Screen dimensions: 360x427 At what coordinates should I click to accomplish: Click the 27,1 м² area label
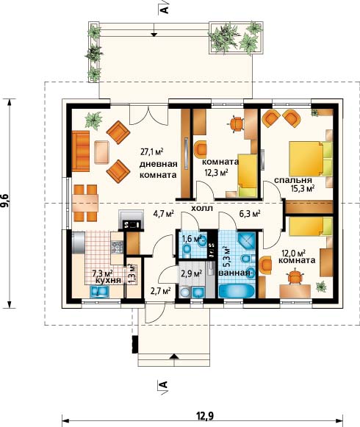point(151,151)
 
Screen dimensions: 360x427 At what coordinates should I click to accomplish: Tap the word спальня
point(292,180)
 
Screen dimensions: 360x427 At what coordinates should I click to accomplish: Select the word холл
point(202,209)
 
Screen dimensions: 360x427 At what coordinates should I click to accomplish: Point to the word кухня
point(109,281)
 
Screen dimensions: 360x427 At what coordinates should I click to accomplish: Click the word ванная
point(234,273)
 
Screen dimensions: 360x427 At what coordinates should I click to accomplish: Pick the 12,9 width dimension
point(205,416)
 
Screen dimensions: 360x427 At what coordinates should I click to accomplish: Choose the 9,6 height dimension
point(6,201)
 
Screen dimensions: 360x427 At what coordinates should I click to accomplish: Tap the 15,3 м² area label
point(303,188)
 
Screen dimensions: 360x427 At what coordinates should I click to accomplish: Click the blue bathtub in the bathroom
point(237,291)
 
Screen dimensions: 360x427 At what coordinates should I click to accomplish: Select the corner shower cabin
point(247,242)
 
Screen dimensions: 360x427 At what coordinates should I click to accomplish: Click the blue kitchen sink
point(99,291)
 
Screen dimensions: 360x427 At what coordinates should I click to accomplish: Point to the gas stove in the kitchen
point(117,247)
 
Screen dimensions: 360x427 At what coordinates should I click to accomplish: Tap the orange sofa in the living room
point(81,151)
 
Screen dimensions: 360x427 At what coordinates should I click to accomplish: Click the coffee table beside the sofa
point(101,152)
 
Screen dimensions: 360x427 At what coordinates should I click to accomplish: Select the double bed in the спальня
point(311,159)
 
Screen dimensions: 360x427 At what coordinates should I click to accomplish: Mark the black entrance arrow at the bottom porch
point(174,356)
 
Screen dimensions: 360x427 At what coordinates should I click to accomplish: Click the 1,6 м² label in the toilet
point(192,239)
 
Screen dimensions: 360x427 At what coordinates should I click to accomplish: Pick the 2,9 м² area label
point(192,273)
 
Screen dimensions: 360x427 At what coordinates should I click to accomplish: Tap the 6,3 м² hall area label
point(250,214)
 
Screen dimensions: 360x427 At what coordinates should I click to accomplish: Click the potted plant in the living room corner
point(93,120)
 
